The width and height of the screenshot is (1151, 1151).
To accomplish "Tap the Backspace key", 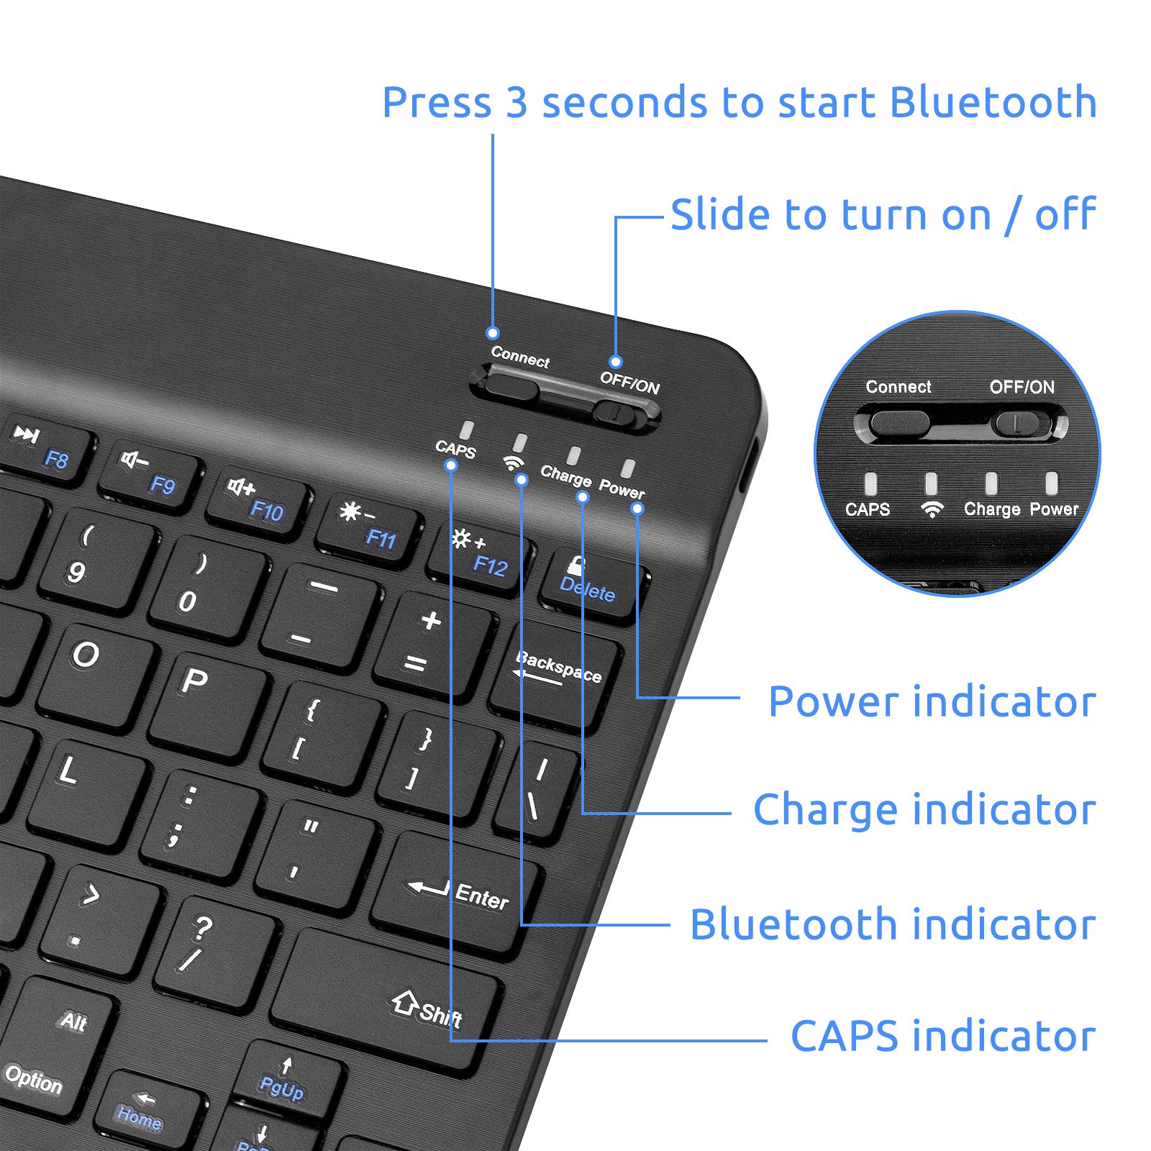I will (x=556, y=674).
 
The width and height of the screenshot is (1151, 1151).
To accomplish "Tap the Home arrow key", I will (x=146, y=1110).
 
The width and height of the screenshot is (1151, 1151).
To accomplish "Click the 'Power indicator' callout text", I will (x=932, y=701).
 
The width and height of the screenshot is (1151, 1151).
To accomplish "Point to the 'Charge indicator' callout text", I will (x=924, y=809).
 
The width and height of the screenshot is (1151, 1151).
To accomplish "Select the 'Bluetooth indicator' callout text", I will (x=893, y=924).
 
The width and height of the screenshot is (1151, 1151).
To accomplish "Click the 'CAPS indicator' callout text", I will (x=943, y=1036).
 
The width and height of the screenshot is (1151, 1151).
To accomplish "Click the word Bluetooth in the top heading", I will (x=993, y=102).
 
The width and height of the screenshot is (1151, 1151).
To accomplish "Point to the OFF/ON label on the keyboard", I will (x=629, y=382).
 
